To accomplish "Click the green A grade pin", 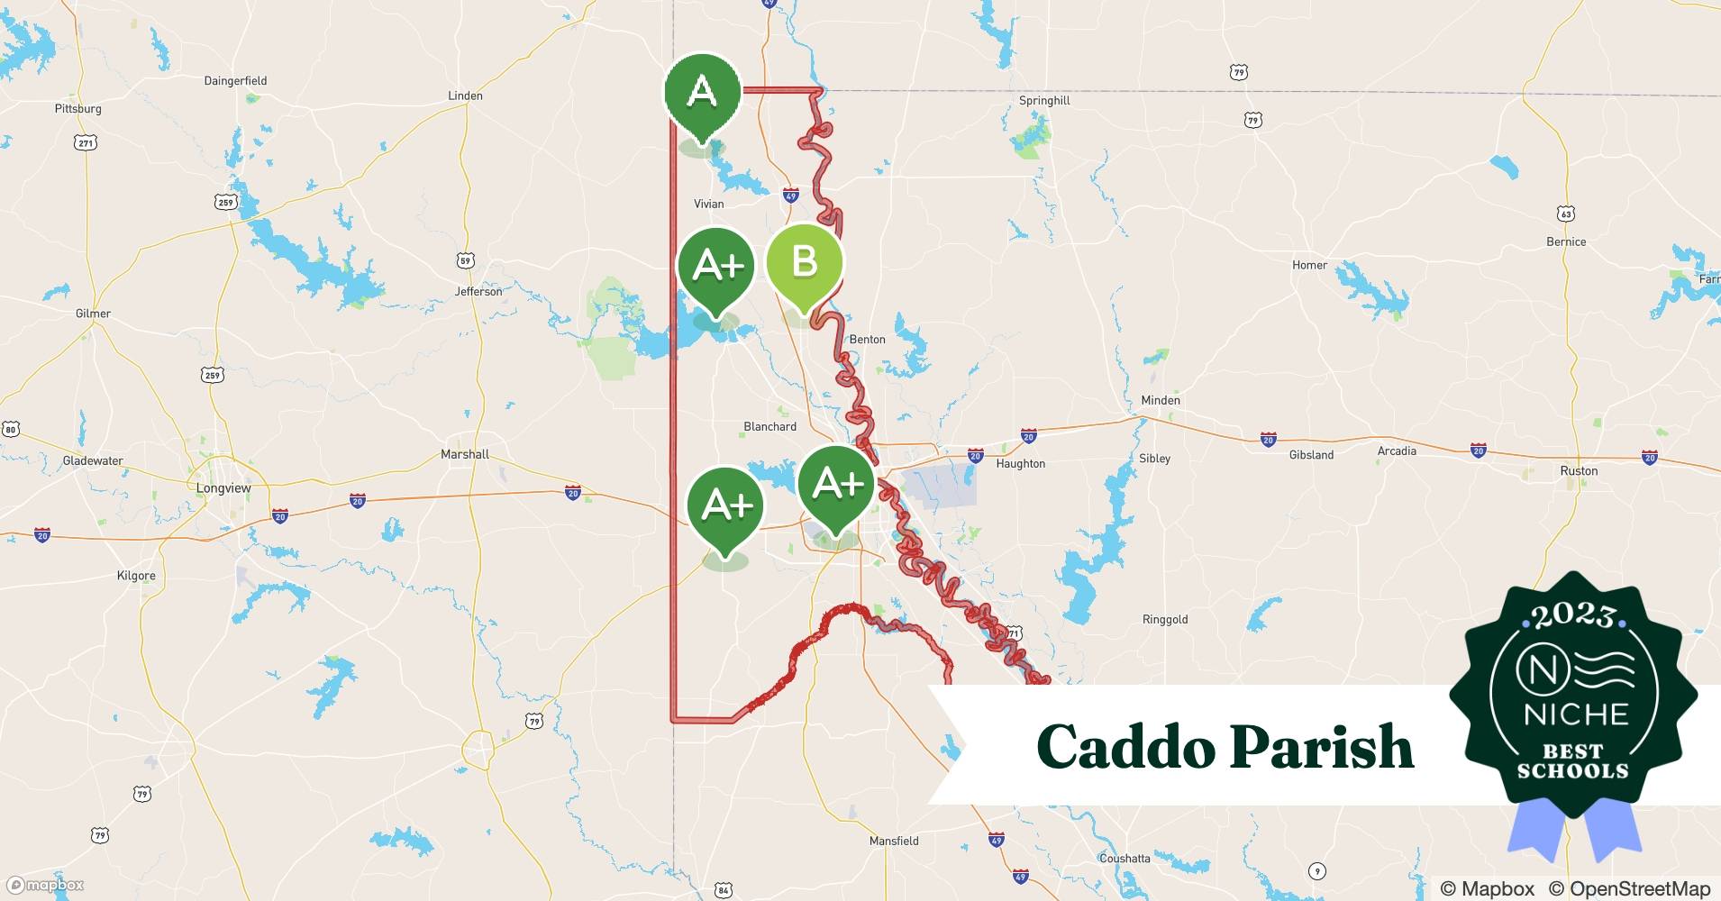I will coord(702,93).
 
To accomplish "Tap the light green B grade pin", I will coord(804,262).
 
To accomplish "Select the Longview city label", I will coord(223,488).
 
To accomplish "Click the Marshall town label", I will coord(465,454).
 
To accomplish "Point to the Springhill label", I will coord(1044,101).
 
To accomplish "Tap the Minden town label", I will coord(1161,400).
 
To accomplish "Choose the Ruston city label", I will coord(1579,470).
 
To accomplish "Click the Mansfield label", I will coord(894,841).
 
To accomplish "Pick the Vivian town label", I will coord(708,204).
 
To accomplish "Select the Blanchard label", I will coord(769,426).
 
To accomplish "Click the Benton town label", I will coord(868,339).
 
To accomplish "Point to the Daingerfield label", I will coord(235,80).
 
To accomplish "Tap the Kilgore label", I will coord(136,576).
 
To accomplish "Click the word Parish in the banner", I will coord(1322,746).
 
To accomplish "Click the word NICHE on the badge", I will coord(1576,714).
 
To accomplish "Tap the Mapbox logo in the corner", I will coord(45,885).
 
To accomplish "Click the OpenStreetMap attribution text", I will coord(1630,888).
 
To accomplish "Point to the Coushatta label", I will coord(1124,859).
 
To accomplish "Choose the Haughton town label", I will coord(1020,463).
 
